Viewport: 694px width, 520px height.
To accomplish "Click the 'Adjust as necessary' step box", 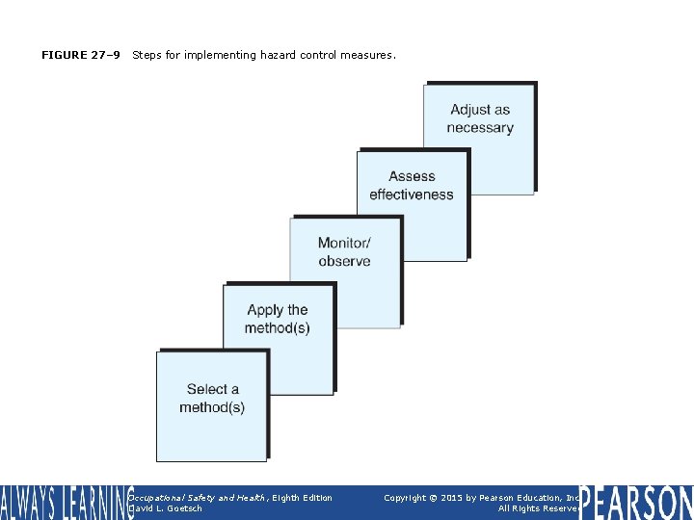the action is click(479, 138).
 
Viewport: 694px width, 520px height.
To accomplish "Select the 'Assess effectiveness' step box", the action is click(412, 203).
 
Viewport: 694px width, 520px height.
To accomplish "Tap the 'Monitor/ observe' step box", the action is click(344, 271).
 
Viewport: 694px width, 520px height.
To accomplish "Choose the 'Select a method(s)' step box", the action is click(211, 405).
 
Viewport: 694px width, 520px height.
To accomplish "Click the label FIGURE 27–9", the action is click(81, 55).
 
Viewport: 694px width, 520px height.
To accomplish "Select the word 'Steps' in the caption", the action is click(147, 55).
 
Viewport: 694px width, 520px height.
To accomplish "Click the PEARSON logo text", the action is click(636, 503).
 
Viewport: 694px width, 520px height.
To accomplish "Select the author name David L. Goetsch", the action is click(166, 508).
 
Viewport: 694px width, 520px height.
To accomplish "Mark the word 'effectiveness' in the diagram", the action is click(412, 195).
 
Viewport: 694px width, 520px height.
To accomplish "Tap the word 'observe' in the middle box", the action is click(344, 261).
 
